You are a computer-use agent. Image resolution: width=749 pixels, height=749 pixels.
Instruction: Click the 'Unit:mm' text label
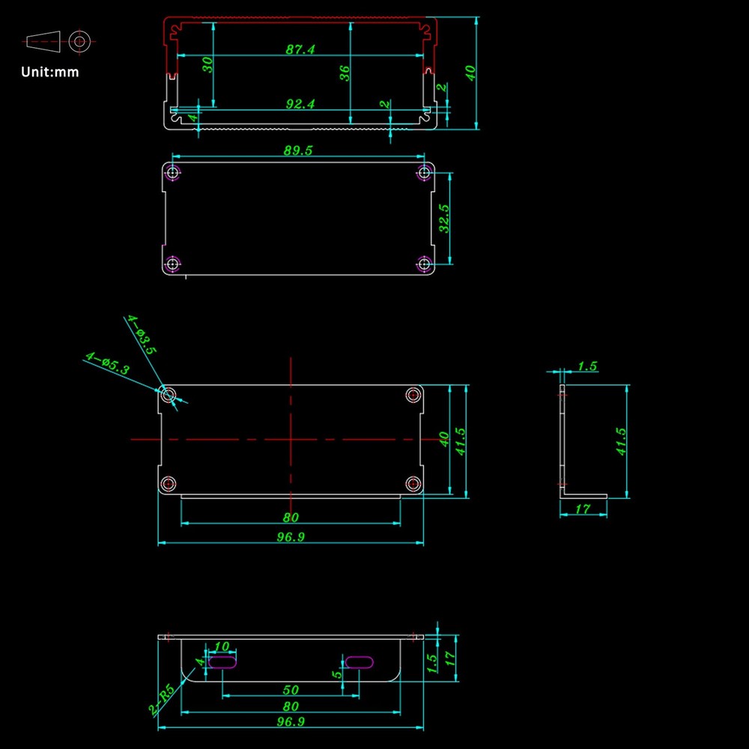[49, 72]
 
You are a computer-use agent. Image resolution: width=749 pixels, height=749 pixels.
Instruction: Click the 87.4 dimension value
[300, 49]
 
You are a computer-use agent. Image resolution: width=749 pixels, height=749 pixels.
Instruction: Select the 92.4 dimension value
[300, 103]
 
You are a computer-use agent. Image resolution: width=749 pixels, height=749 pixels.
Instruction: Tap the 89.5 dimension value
[297, 151]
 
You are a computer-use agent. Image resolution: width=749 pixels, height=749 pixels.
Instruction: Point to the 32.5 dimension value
[444, 218]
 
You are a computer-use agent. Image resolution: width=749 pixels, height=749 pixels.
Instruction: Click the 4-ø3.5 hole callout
[142, 334]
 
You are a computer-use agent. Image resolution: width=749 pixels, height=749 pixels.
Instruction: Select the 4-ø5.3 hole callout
[107, 363]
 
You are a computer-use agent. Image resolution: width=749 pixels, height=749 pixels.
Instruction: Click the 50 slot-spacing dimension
[291, 690]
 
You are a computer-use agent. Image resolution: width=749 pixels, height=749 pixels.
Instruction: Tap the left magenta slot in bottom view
[222, 662]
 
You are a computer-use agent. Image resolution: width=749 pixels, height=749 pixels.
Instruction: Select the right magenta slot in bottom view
[359, 662]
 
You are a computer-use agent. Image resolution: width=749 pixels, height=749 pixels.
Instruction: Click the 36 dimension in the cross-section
[345, 73]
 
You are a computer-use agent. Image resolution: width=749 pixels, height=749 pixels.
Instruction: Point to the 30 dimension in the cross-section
[207, 64]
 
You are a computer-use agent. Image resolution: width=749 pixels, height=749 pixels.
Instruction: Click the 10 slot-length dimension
[222, 646]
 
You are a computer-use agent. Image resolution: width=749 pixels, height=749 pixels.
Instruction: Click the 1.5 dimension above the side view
[587, 366]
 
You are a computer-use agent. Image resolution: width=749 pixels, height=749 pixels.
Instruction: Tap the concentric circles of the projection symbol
[79, 41]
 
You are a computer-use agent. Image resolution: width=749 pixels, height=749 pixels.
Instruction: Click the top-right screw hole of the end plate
[413, 395]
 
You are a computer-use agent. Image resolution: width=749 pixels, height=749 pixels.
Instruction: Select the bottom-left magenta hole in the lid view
[172, 263]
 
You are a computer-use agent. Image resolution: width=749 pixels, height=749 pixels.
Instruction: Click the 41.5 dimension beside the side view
[621, 441]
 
